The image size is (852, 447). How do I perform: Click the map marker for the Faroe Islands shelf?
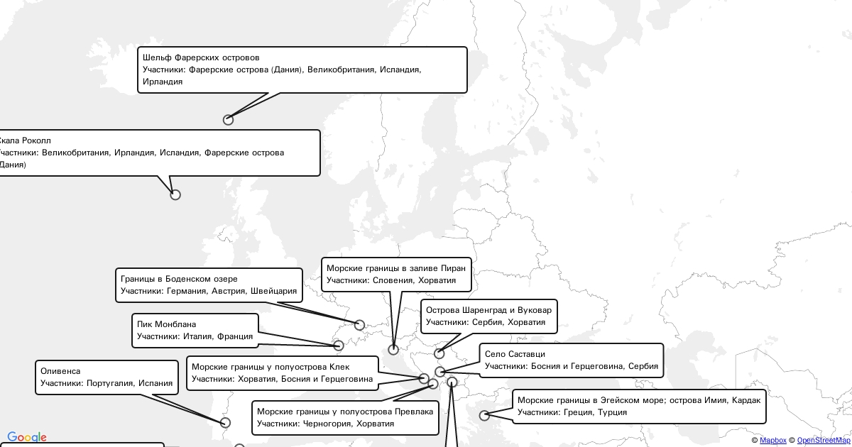(228, 120)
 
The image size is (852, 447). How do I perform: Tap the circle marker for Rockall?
(175, 194)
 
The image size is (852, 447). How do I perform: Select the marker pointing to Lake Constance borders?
(359, 325)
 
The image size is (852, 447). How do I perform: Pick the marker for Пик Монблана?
(339, 346)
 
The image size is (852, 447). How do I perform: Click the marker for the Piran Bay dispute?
(393, 350)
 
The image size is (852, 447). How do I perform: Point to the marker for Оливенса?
(226, 423)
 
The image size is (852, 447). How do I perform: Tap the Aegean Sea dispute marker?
(484, 416)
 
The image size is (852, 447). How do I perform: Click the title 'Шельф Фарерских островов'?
(201, 57)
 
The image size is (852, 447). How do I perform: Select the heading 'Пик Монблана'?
(166, 324)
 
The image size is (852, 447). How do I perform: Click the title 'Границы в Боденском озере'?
(179, 279)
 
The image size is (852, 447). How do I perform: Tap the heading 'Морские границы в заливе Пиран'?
(395, 268)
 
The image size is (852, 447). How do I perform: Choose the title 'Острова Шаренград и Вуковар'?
(488, 310)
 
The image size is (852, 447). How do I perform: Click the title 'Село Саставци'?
(515, 354)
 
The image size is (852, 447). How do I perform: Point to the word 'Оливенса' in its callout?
(60, 371)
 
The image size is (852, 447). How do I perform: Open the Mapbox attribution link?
(772, 441)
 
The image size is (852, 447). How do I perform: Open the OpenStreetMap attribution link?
(824, 441)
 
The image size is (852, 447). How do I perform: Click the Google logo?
(27, 438)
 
